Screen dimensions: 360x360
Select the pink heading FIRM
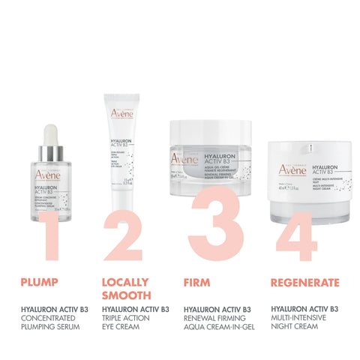196,283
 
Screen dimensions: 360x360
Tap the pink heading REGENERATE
305,283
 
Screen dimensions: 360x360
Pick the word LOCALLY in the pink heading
124,283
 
